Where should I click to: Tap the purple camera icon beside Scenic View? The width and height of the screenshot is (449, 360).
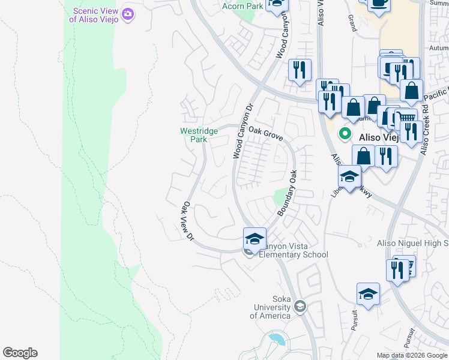click(127, 14)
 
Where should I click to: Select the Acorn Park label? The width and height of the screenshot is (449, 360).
click(243, 6)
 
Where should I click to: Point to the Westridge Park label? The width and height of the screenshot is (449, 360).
click(194, 135)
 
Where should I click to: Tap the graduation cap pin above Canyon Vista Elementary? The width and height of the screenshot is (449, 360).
click(255, 238)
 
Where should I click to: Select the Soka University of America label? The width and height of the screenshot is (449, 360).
click(273, 307)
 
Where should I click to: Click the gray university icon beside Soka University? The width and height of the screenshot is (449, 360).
click(301, 308)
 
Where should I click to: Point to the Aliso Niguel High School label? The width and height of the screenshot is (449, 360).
click(412, 243)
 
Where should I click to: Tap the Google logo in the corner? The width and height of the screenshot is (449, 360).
click(20, 353)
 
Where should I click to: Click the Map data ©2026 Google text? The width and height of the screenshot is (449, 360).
click(412, 355)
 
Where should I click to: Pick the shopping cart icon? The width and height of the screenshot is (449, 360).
click(407, 118)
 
